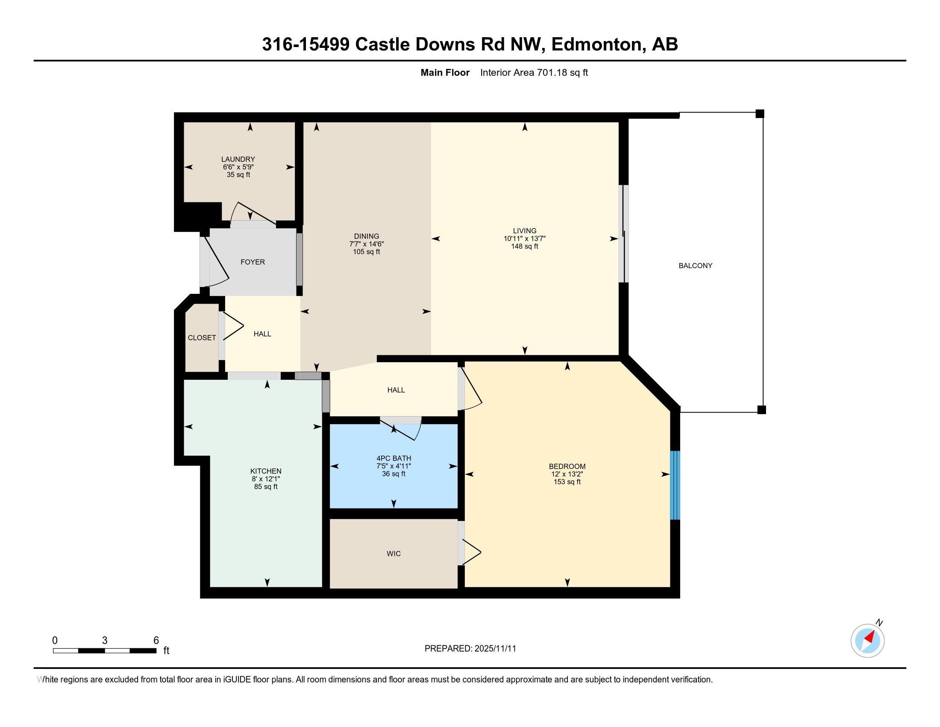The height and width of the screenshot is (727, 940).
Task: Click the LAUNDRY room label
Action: pyautogui.click(x=238, y=160)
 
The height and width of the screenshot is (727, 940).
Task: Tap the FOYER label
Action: pyautogui.click(x=253, y=262)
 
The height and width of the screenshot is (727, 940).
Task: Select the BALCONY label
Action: pyautogui.click(x=696, y=266)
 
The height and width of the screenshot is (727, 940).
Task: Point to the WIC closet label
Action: pyautogui.click(x=394, y=554)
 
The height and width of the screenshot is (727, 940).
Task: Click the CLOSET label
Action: pyautogui.click(x=202, y=338)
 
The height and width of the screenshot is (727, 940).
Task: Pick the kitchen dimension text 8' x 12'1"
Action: pyautogui.click(x=266, y=479)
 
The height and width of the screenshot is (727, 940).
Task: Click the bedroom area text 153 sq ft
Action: pyautogui.click(x=567, y=482)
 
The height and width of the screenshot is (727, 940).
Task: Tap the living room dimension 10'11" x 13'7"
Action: pyautogui.click(x=525, y=239)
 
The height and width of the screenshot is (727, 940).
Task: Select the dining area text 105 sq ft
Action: pyautogui.click(x=367, y=252)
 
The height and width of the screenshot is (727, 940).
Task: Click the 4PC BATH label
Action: pyautogui.click(x=394, y=458)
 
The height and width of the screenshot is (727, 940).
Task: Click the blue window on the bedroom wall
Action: pyautogui.click(x=675, y=485)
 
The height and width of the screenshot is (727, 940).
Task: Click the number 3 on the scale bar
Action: pyautogui.click(x=105, y=641)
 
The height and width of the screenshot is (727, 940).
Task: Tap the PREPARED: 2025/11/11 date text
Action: pyautogui.click(x=470, y=649)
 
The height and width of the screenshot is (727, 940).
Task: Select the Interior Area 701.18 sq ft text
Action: pyautogui.click(x=534, y=73)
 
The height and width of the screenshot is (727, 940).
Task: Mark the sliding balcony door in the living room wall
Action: pyautogui.click(x=624, y=234)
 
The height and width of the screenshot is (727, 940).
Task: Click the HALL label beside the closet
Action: pyautogui.click(x=262, y=334)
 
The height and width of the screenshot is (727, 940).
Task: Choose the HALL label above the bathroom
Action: pyautogui.click(x=396, y=390)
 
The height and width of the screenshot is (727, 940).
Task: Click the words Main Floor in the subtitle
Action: pyautogui.click(x=445, y=73)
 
